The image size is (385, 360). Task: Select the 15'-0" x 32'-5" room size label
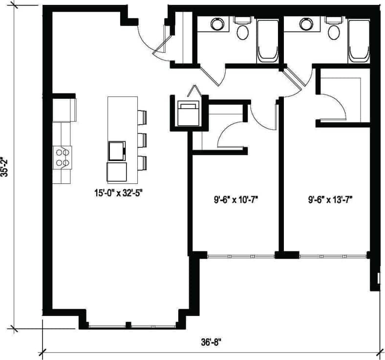coord(121,193)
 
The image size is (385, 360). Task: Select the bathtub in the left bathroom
coord(267,42)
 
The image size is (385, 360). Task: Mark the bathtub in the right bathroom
coord(358,42)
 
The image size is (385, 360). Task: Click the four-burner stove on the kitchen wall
coord(62,157)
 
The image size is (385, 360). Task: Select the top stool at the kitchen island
coord(142,118)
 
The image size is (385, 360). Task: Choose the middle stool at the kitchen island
coord(142,139)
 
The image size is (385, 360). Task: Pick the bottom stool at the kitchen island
coord(142,162)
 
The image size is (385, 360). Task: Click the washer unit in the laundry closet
coord(187,112)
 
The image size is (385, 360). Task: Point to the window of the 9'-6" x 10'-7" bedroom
coord(241,256)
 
